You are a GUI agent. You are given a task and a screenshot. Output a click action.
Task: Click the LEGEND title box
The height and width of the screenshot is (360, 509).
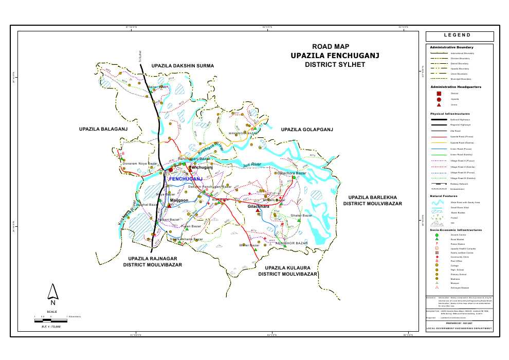[x=459, y=35]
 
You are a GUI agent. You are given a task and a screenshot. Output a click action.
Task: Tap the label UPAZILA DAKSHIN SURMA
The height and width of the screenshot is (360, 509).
[x=183, y=66]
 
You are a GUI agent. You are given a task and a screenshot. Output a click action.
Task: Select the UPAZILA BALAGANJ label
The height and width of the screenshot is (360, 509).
[x=103, y=129]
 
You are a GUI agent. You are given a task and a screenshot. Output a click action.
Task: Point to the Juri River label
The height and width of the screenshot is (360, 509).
[x=252, y=165]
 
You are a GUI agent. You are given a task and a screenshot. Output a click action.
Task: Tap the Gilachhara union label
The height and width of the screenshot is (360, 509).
[x=259, y=206]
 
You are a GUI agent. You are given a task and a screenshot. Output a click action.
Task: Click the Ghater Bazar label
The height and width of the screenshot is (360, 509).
[x=301, y=215]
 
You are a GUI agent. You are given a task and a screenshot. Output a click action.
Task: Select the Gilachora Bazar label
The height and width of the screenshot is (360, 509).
[x=293, y=173]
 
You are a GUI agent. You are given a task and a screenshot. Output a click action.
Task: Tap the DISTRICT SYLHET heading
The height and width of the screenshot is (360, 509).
[x=334, y=65]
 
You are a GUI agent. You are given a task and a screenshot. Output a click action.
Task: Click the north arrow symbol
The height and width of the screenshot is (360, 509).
[x=52, y=293]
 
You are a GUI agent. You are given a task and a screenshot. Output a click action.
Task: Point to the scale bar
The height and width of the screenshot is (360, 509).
[x=50, y=320]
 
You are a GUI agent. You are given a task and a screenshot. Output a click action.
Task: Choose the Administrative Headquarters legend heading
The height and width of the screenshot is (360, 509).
[x=456, y=87]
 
